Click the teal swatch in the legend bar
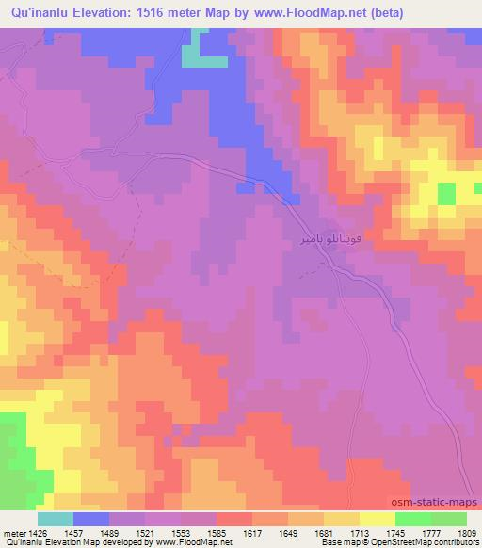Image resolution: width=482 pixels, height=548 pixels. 56,519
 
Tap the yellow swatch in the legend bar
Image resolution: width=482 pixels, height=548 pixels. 377,519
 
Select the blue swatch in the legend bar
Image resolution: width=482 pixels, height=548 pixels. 91,519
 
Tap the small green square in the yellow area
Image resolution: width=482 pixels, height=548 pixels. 446,193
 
